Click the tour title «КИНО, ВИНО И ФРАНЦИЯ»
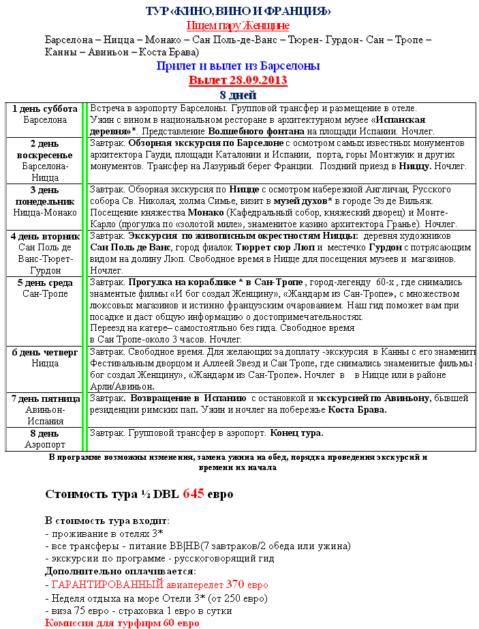[x=238, y=11]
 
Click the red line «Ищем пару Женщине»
[x=238, y=25]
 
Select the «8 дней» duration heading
[x=238, y=94]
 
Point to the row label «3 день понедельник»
[x=45, y=195]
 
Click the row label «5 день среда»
[x=45, y=282]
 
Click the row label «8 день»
[x=45, y=433]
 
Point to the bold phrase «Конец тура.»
[x=296, y=433]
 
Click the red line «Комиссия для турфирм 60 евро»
[x=122, y=623]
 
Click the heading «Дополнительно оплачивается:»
[x=120, y=571]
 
